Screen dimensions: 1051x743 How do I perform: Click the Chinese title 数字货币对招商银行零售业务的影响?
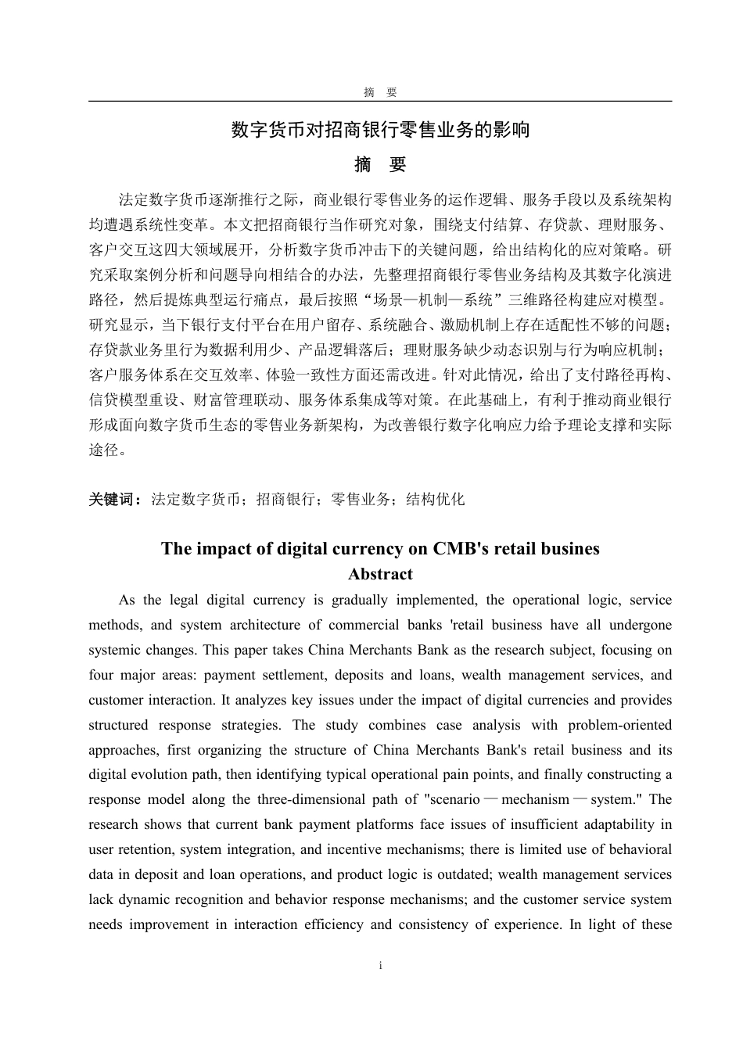click(380, 130)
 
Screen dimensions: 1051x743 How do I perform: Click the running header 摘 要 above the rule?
click(380, 92)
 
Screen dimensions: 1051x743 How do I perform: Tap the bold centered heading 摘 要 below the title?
click(380, 165)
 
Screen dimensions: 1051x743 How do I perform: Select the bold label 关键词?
click(114, 499)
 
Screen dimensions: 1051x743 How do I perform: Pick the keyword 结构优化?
click(436, 499)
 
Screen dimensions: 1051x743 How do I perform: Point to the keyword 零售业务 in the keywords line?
click(361, 499)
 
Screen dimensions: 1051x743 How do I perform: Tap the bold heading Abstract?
click(380, 574)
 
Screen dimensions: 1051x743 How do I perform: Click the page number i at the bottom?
click(380, 966)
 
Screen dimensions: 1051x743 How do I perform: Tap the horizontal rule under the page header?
click(380, 101)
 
